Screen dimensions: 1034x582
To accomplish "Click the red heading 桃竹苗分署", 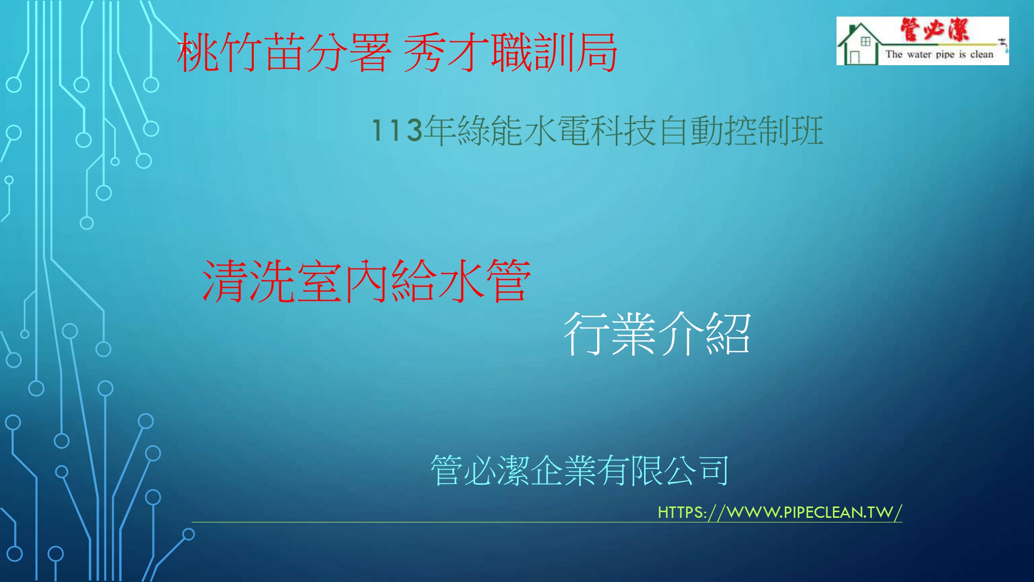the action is coord(284,52).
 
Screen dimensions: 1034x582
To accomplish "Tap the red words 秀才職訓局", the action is coord(510,52).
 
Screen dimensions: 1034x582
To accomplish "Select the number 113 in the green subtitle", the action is coord(397,130).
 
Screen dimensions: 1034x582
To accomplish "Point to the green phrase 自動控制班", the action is coord(741,130).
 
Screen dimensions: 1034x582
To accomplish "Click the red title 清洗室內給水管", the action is coord(367,281).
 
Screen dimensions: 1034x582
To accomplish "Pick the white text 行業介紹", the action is coord(657,334).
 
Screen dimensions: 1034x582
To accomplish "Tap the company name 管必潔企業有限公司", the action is coord(580,470).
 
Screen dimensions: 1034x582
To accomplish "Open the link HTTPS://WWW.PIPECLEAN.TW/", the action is coord(780,512).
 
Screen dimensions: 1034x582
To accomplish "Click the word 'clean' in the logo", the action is coord(982,54).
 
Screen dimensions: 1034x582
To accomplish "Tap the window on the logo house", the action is coord(865,41).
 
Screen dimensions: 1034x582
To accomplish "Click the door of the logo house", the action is coord(855,57).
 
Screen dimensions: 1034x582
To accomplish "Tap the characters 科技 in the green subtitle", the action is coord(623,130).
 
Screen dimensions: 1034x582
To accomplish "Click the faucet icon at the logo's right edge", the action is coord(1003,46).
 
